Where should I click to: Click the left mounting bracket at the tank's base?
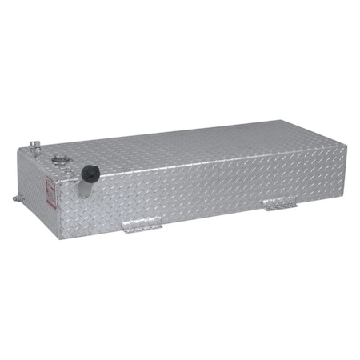[x=142, y=228]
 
